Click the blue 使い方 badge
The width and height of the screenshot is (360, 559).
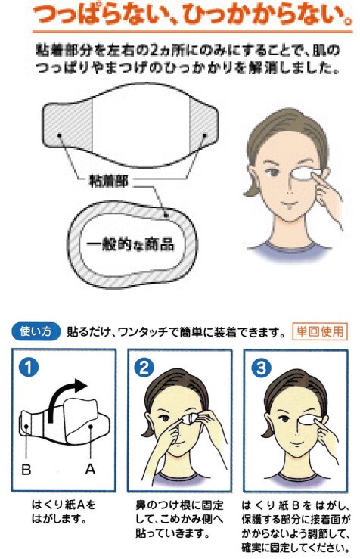(x=36, y=331)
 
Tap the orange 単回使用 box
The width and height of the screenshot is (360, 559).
(x=320, y=331)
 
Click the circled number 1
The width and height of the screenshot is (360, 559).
(x=29, y=366)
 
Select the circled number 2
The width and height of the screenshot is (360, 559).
(x=144, y=367)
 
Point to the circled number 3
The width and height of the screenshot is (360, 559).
(x=261, y=367)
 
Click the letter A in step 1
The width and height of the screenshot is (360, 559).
(x=90, y=469)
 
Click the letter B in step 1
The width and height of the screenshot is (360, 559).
(x=26, y=469)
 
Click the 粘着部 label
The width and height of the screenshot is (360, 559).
(x=108, y=182)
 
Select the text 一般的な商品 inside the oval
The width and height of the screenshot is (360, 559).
(x=130, y=244)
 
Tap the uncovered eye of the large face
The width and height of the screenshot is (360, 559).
(x=273, y=172)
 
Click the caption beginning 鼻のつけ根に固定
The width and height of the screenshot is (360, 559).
(x=180, y=518)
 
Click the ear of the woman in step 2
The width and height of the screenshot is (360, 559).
(x=147, y=421)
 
